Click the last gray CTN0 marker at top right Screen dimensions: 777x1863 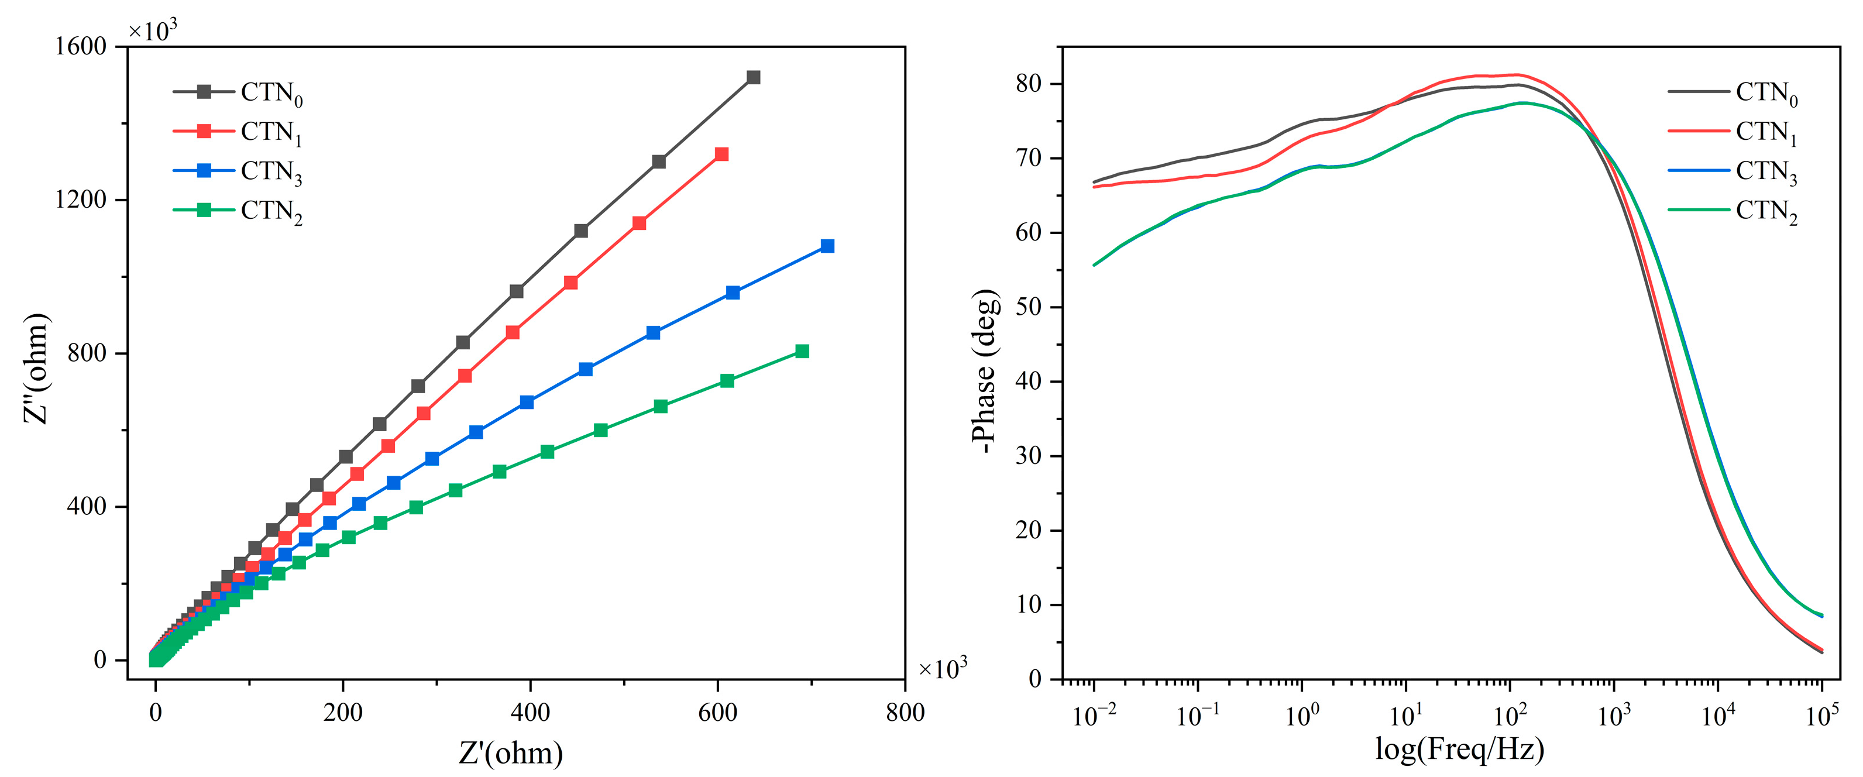(x=753, y=77)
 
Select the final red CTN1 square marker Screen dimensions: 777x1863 (x=721, y=154)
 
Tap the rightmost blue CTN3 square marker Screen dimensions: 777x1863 (x=827, y=246)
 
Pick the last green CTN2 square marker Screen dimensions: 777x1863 (x=802, y=351)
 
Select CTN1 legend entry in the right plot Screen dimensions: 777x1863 (x=1765, y=132)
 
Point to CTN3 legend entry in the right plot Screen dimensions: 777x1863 (x=1765, y=171)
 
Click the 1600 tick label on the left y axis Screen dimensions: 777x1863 (x=80, y=46)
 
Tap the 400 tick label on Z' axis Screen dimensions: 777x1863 (x=530, y=713)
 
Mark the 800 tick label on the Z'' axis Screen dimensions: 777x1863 (x=86, y=353)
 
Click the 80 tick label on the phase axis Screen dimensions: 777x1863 (x=1027, y=84)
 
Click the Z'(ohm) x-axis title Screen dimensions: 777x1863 (x=511, y=753)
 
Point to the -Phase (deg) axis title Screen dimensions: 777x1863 (x=984, y=371)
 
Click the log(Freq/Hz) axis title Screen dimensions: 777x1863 (x=1459, y=749)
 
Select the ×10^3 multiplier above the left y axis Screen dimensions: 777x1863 (x=153, y=30)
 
